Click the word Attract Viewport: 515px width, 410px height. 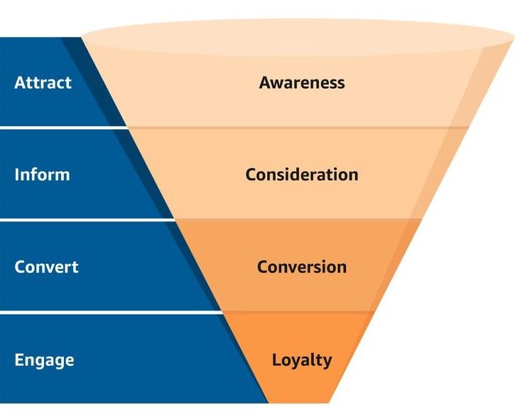[x=43, y=82]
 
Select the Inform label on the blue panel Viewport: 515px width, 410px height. [x=42, y=174]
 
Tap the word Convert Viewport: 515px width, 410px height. [x=46, y=267]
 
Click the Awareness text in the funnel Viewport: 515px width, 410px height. [x=302, y=82]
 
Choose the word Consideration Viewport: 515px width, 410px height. [x=302, y=174]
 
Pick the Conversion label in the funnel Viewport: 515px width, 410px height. [x=302, y=267]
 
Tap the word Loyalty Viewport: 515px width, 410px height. [x=302, y=359]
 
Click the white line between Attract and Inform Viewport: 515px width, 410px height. [x=64, y=128]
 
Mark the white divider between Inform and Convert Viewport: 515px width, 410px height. [x=85, y=220]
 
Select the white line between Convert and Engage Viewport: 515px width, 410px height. [x=107, y=311]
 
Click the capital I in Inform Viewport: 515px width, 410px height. [x=16, y=174]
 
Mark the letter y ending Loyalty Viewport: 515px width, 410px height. [x=327, y=361]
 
